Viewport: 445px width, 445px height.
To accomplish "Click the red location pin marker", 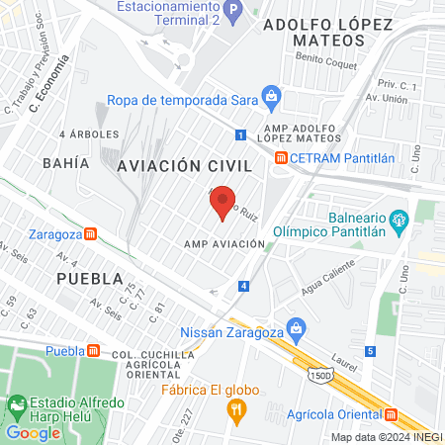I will [x=223, y=201].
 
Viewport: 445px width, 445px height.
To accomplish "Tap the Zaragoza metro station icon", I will [x=90, y=234].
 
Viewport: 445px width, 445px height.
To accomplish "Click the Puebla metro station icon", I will [x=92, y=351].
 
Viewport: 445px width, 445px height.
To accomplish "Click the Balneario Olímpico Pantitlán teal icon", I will [x=399, y=219].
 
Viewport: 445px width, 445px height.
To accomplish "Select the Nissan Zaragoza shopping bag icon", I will [x=295, y=327].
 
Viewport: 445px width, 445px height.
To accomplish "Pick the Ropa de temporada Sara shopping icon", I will [x=272, y=97].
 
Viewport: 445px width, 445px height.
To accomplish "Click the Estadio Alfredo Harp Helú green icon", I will [x=17, y=405].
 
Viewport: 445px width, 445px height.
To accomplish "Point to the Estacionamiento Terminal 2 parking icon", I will [x=232, y=14].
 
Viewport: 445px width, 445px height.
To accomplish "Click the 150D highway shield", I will [x=317, y=376].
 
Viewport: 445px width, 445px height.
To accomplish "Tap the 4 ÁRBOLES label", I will [x=89, y=133].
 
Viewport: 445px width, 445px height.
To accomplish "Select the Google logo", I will [x=31, y=433].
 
